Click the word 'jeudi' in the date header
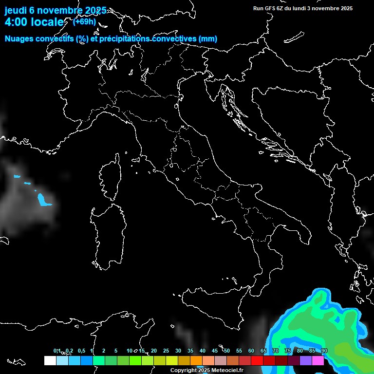[16, 11]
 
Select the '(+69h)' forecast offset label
[84, 21]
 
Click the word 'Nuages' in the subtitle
[19, 39]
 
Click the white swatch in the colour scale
[50, 361]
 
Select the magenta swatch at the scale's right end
[318, 361]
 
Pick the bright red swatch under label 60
[257, 361]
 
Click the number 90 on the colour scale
[324, 351]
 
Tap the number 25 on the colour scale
[166, 351]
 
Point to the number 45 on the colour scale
[215, 351]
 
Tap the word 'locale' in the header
[47, 22]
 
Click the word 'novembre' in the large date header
[59, 11]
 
